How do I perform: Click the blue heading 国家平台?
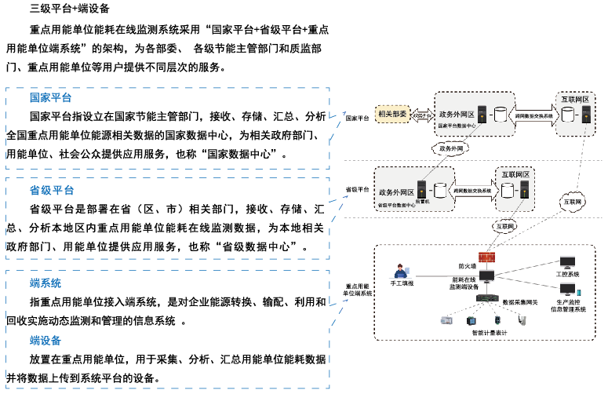tap(50, 98)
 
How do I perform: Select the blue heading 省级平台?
tap(52, 191)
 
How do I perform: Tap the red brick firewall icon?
tap(487, 257)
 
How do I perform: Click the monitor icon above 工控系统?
tap(566, 263)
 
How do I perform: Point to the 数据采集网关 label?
tap(520, 301)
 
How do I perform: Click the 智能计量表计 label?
tap(492, 334)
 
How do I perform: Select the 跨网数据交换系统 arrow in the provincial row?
tap(472, 191)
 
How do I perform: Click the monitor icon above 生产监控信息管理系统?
tap(566, 289)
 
